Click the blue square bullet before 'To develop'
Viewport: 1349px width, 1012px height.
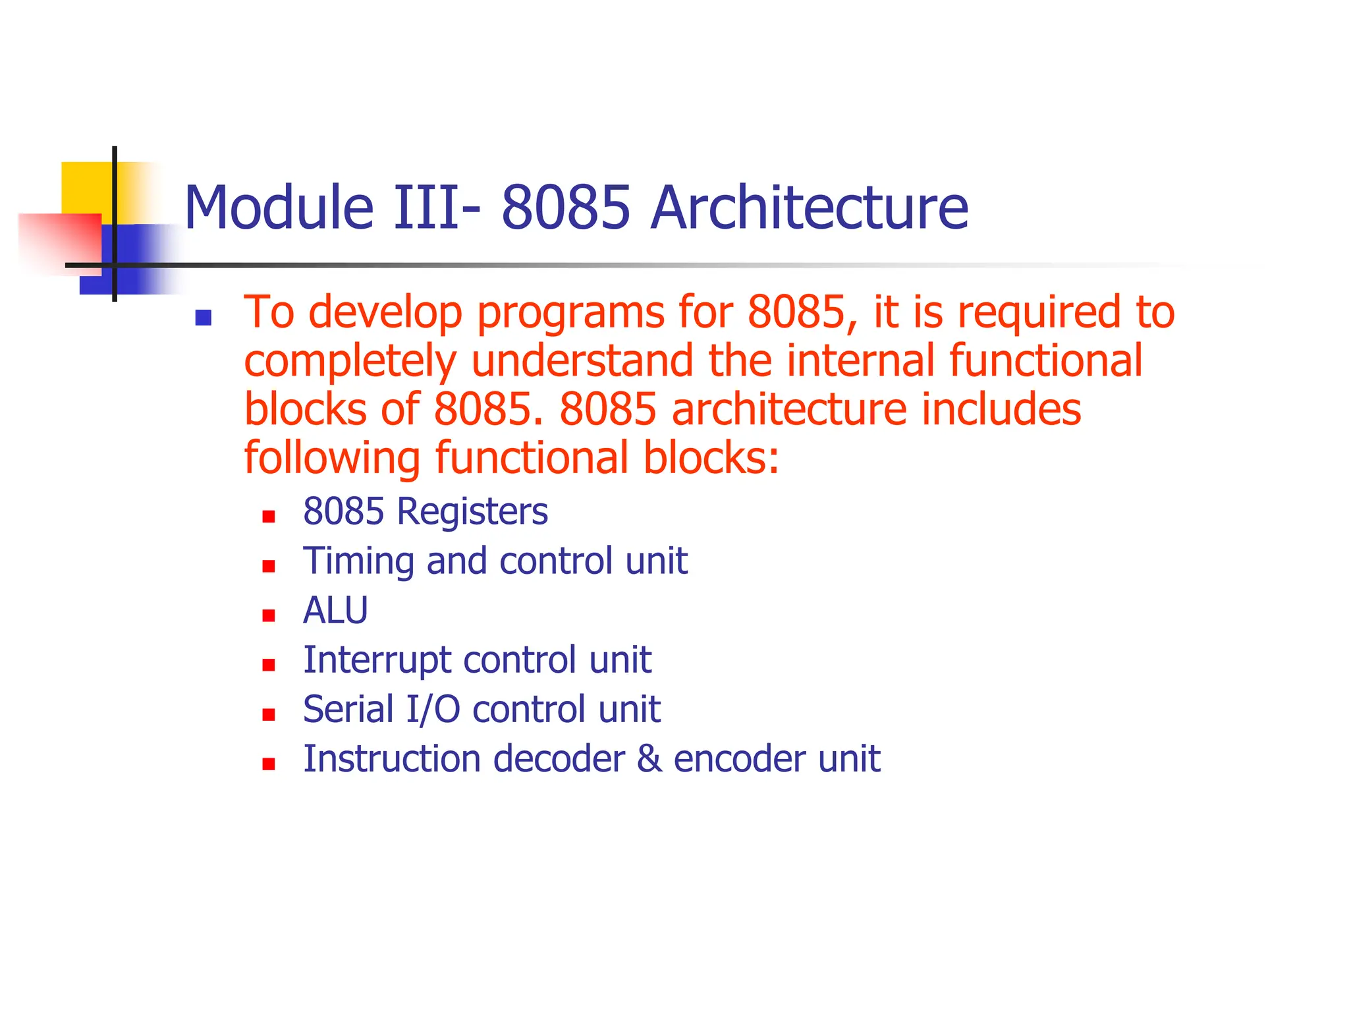(203, 319)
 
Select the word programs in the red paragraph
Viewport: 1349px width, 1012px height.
(570, 313)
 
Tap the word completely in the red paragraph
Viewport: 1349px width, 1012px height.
(350, 362)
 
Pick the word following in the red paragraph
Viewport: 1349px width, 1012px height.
(332, 459)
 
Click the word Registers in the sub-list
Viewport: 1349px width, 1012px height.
(472, 513)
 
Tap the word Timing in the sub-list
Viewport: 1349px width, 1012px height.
(358, 562)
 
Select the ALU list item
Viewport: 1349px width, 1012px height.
(335, 611)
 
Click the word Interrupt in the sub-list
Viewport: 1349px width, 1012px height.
(376, 660)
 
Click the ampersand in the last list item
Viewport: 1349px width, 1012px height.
(649, 758)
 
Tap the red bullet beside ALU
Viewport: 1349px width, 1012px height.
(268, 616)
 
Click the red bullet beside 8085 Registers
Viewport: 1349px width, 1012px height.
(268, 517)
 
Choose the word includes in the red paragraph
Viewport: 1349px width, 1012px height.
(1001, 410)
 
